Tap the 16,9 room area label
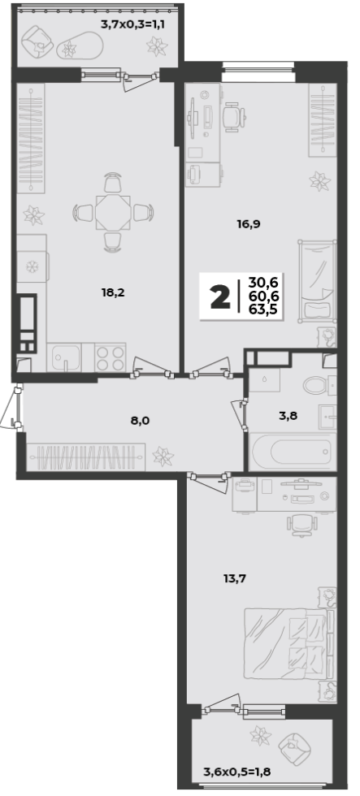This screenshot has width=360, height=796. coord(249,223)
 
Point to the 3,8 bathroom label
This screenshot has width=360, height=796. coord(288,416)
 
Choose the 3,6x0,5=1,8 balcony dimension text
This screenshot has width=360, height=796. coord(237,772)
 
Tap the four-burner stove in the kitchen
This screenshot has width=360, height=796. coord(111,357)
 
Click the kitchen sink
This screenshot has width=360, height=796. coord(64,357)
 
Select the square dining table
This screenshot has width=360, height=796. coord(114,212)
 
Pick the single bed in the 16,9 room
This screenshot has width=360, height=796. coord(318,280)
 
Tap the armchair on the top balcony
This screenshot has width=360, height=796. coord(38,40)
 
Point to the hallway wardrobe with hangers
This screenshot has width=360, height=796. coord(85,456)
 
